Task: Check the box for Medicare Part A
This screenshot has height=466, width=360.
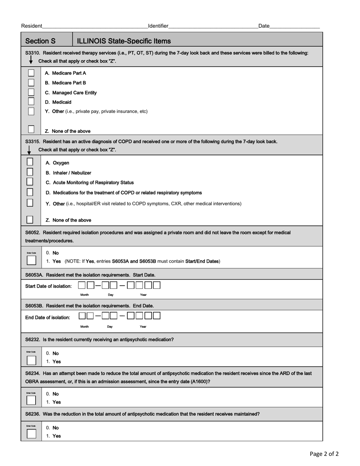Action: click(x=31, y=73)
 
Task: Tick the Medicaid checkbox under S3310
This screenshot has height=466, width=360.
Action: click(x=31, y=102)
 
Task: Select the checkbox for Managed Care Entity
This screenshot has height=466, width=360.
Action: click(x=31, y=92)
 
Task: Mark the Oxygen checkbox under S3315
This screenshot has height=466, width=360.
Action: click(x=30, y=162)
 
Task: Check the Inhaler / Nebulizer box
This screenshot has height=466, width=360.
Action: click(x=30, y=172)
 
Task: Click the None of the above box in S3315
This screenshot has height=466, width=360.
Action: click(x=30, y=219)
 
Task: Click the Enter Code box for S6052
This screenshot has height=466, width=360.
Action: click(x=31, y=260)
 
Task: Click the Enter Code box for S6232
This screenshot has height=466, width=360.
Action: click(x=31, y=360)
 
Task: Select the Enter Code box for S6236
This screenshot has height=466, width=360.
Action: click(x=31, y=434)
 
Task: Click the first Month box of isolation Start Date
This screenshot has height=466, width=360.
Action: click(x=82, y=285)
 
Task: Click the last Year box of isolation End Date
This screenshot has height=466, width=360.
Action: click(x=157, y=316)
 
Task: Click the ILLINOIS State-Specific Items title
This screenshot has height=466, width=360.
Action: click(x=124, y=41)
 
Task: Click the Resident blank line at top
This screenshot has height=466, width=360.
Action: click(x=95, y=27)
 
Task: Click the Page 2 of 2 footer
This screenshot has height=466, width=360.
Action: click(x=324, y=454)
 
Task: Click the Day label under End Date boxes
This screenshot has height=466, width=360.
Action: click(x=110, y=327)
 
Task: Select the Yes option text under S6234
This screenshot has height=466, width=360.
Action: click(x=56, y=402)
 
